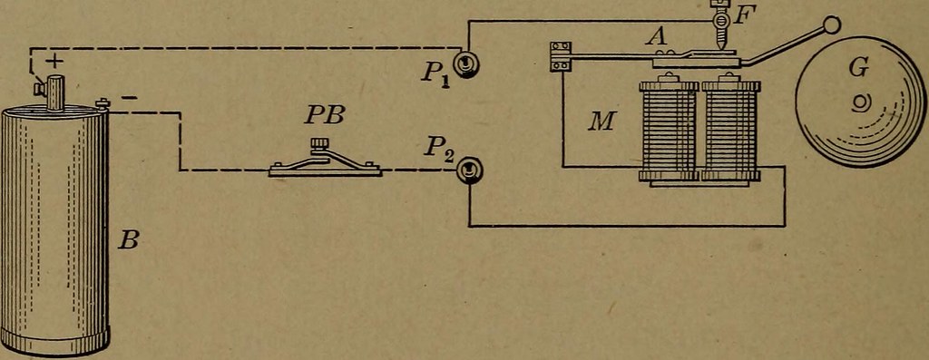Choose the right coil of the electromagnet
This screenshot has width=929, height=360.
729,131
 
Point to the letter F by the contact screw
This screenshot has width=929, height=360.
740,15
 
